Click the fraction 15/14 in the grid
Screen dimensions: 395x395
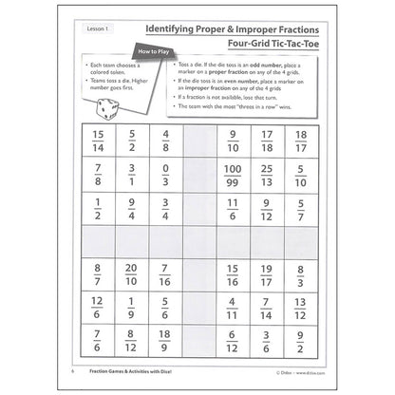[99, 141]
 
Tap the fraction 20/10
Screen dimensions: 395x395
[132, 274]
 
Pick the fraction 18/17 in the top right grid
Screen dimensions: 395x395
[300, 141]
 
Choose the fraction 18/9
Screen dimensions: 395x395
[165, 339]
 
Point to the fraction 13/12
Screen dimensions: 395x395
[300, 307]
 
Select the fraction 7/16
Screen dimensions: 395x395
[165, 274]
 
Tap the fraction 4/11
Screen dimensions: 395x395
[232, 307]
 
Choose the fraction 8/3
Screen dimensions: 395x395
[300, 274]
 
